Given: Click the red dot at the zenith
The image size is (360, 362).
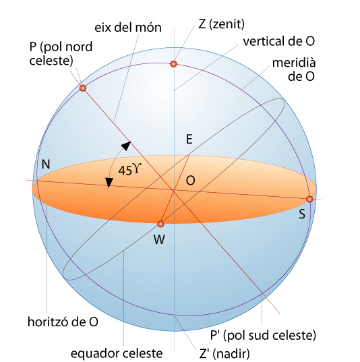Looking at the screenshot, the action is coord(173,64).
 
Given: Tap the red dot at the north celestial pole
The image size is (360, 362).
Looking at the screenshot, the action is coord(83,88).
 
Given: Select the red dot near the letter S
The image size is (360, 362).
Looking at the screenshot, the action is coord(309,200).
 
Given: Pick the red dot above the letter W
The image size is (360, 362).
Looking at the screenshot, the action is coord(160,224).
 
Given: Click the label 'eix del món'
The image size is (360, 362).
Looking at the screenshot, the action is coord(128,27).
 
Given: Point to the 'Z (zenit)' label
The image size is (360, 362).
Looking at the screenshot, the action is coord(221,24).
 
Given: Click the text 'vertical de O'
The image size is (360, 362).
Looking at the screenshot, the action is coord(278,41).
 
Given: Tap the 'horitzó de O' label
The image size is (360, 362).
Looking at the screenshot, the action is coord(63,322).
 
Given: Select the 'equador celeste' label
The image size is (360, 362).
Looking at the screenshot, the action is coord(117,353).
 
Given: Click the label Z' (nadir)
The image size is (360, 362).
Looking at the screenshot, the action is coord(224,353).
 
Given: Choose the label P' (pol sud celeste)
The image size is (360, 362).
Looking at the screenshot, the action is coord(263,335).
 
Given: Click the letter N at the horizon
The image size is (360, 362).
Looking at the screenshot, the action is coord(46,164).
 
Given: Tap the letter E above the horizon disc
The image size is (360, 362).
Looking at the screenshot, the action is coord(189,140).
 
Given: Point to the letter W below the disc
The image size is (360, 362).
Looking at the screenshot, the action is coord(159,239).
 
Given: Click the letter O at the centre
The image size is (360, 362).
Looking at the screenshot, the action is coord(191,180).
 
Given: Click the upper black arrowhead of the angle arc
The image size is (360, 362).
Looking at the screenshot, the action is coord(126,146).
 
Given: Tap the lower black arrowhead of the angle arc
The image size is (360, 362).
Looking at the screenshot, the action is coord(109,183).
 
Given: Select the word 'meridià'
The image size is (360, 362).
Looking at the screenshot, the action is coord(294,63).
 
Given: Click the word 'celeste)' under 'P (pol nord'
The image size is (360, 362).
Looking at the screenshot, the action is coord(51,61).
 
